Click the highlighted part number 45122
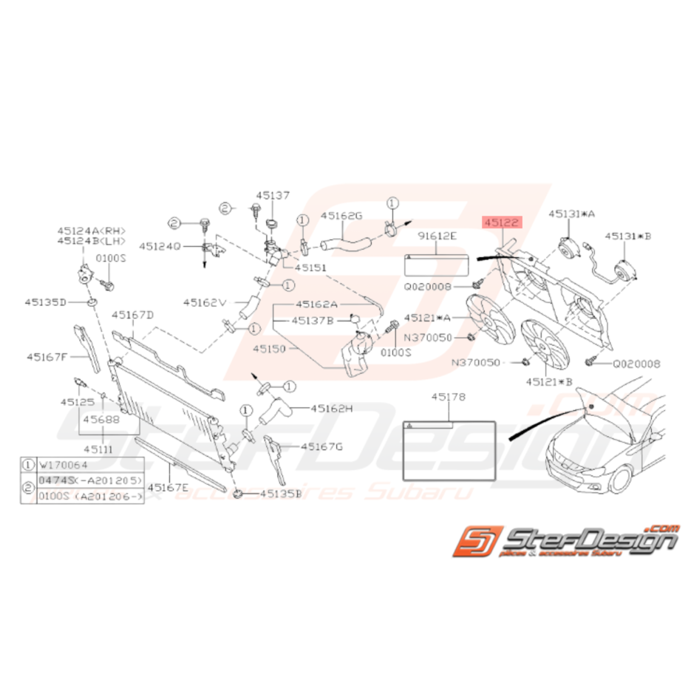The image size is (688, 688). [503, 221]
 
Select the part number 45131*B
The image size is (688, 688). [628, 236]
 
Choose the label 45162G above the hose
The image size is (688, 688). [341, 216]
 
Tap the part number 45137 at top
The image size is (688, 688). [273, 196]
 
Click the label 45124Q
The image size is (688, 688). [160, 245]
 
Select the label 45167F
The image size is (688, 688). [47, 355]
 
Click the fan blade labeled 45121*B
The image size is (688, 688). [545, 345]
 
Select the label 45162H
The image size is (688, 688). [333, 407]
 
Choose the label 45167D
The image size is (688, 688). [133, 315]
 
